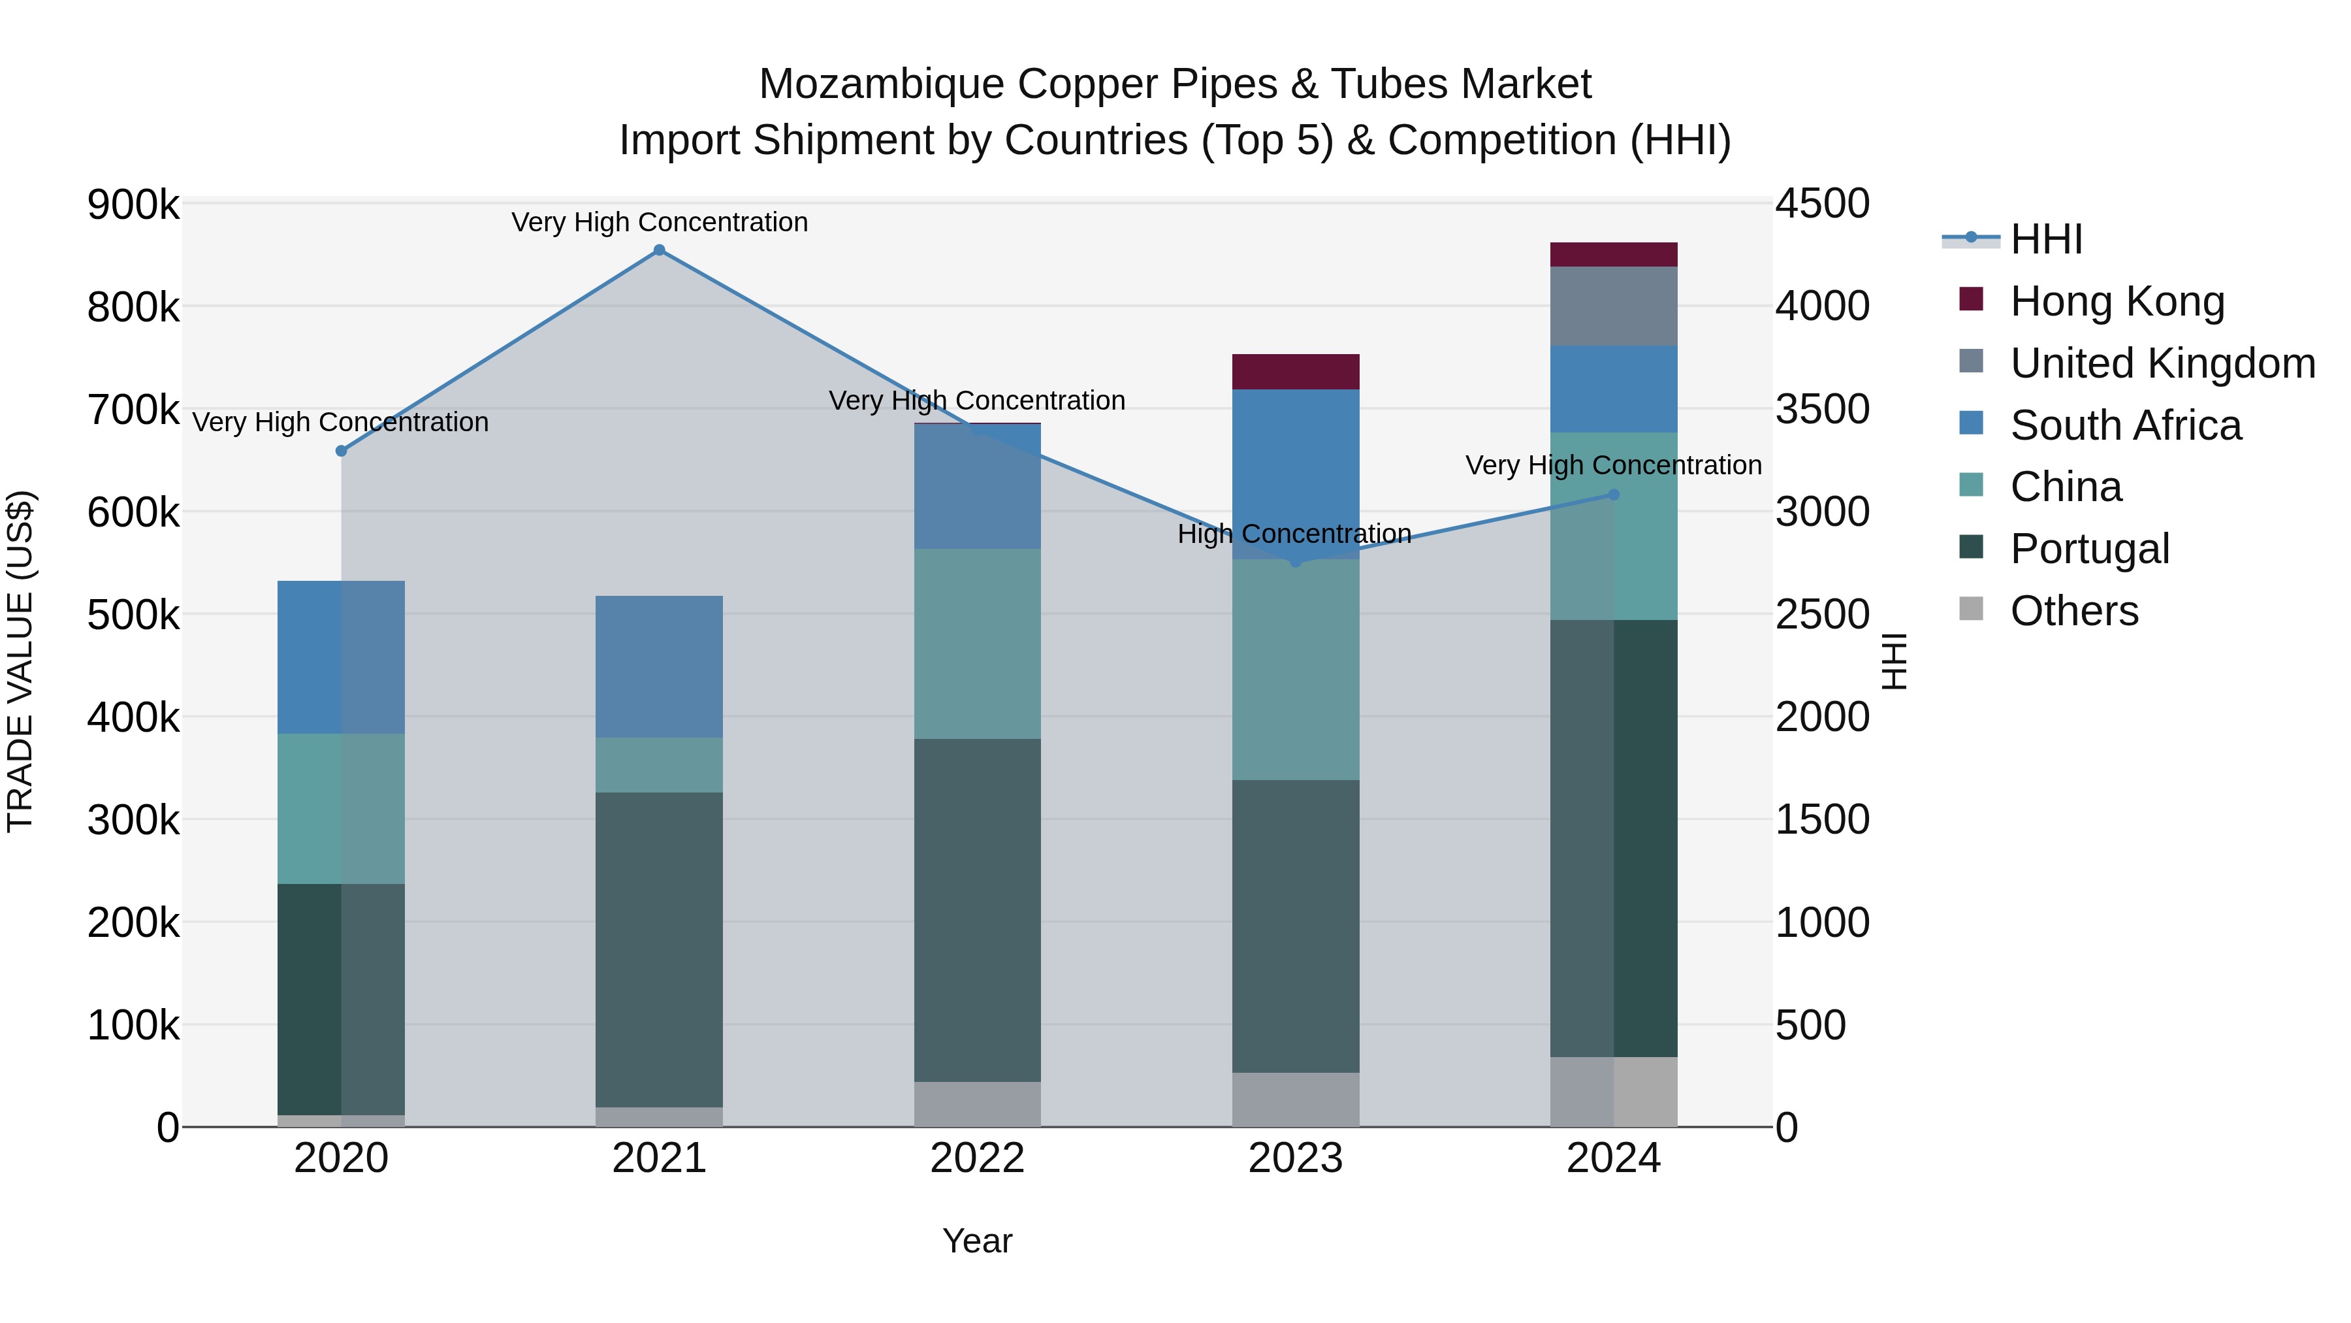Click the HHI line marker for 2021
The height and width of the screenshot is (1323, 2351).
[x=659, y=250]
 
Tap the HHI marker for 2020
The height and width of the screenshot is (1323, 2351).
[x=342, y=451]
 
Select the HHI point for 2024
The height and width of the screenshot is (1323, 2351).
[x=1614, y=495]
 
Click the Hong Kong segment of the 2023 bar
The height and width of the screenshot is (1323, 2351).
[x=1295, y=372]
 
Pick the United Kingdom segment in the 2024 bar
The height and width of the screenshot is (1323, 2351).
[x=1614, y=306]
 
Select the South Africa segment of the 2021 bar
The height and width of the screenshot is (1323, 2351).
[x=659, y=666]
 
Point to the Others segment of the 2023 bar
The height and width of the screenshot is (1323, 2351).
[x=1295, y=1100]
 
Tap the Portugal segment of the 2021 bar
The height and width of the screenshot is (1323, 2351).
[x=659, y=949]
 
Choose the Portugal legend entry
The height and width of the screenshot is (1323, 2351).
[x=2089, y=549]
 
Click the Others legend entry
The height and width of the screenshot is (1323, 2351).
[x=2073, y=611]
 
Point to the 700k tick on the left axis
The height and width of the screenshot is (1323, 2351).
[x=133, y=410]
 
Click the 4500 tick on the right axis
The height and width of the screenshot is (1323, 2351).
[x=1821, y=204]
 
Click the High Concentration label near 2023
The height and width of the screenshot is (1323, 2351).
[x=1294, y=534]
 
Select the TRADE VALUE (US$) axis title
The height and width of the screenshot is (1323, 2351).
[x=20, y=661]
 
